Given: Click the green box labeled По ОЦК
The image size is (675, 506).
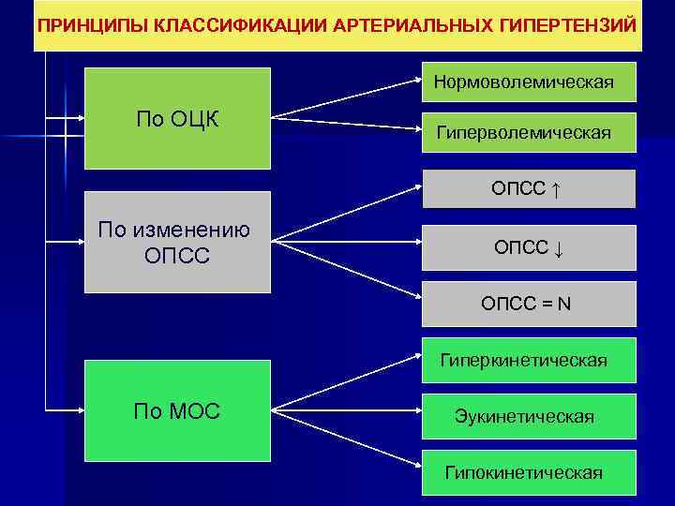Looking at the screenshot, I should coord(177,118).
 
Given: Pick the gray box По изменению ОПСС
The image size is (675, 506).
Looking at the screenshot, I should coord(177,242).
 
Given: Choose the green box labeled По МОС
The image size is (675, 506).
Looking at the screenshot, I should coord(177,410).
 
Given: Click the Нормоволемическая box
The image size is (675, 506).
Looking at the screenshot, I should coord(529,82).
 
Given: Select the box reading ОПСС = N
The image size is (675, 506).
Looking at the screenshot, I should coord(529,304).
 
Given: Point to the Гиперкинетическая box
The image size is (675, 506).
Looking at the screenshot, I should coord(529,360).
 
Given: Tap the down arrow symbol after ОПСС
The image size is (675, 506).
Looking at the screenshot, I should coord(557,248).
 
